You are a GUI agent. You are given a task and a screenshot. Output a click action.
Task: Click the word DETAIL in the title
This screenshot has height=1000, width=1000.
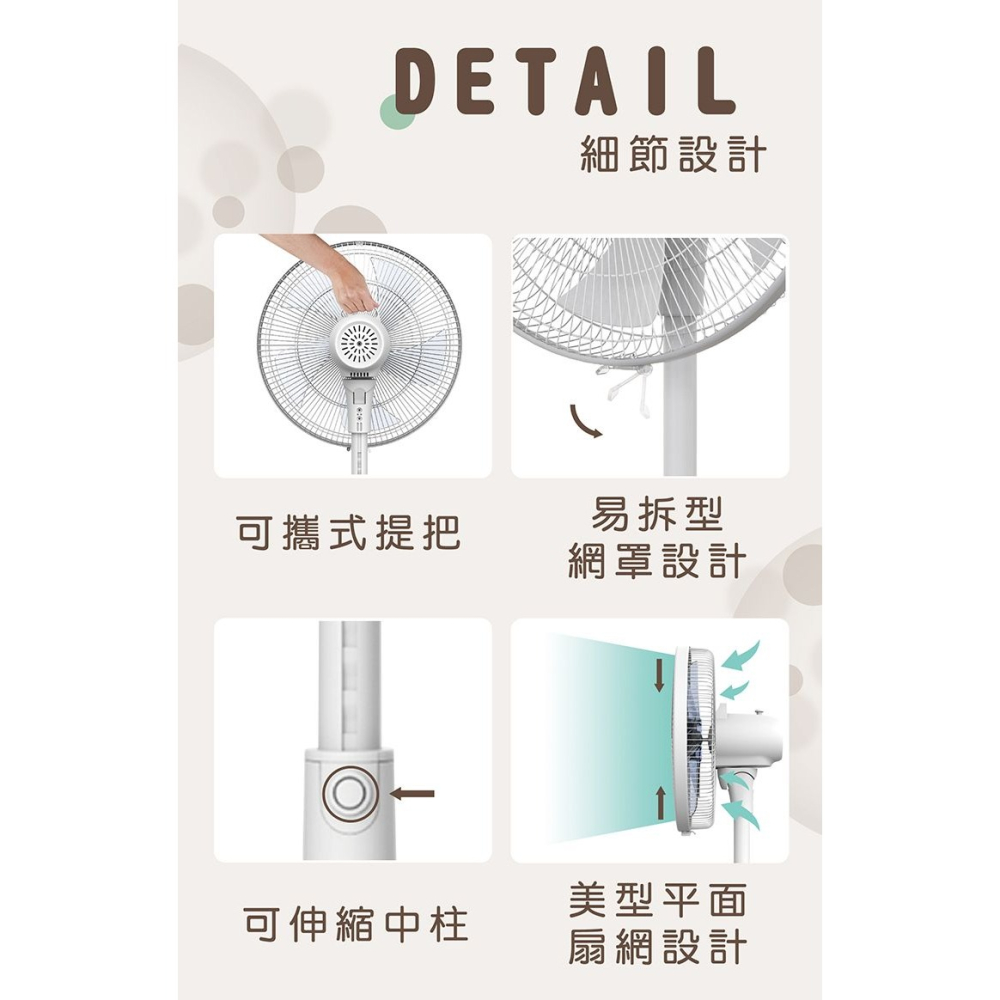[x=565, y=80]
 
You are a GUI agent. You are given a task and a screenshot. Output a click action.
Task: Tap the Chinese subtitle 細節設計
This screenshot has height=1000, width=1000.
[x=673, y=156]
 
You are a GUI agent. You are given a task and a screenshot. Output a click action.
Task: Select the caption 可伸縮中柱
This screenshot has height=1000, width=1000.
[x=355, y=925]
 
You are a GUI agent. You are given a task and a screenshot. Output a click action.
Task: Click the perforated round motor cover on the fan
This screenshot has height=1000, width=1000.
[x=356, y=343]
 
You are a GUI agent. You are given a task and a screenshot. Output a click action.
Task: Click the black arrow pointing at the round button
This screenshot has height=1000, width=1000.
[x=412, y=794]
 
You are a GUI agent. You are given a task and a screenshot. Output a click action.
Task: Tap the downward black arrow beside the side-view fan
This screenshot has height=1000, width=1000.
[x=659, y=676]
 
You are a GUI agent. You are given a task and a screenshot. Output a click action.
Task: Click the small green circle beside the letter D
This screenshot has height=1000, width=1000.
[x=397, y=113]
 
